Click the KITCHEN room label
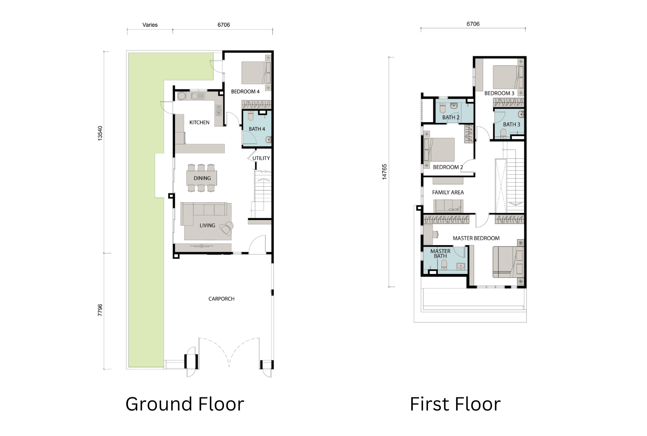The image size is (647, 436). (199, 123)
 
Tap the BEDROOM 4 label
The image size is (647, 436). (245, 92)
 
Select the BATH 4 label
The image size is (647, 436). (257, 129)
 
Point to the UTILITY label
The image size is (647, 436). (261, 158)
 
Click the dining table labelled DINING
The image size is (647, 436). (202, 178)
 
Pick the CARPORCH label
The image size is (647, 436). (221, 299)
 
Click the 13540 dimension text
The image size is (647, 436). (100, 133)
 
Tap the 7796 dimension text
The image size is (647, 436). (100, 310)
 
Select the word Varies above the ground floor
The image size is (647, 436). (150, 25)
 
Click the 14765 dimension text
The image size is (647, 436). (384, 172)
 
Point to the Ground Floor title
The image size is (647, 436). (185, 404)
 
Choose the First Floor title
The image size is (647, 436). (455, 404)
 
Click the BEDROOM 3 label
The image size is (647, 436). (499, 93)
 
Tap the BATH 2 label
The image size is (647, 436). (451, 117)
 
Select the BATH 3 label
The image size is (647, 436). (512, 125)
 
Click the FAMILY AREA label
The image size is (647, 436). (448, 192)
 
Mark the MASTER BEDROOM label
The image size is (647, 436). (476, 238)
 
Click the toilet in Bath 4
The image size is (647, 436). (251, 116)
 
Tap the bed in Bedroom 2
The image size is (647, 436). (439, 150)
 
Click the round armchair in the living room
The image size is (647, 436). (227, 227)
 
